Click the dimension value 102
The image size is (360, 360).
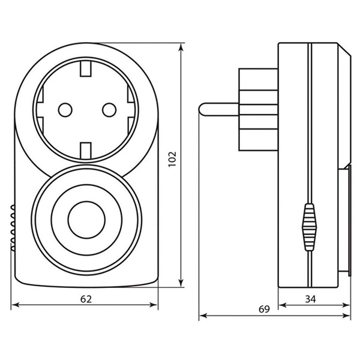[172, 159]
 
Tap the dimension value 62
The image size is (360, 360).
[86, 299]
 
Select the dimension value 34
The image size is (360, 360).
[310, 299]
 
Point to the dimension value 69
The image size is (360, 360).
[264, 309]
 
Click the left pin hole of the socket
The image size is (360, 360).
[65, 110]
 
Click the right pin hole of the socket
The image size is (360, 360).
[109, 110]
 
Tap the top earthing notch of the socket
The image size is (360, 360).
[86, 69]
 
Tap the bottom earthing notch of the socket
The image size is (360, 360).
[86, 150]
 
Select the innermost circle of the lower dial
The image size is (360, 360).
[86, 220]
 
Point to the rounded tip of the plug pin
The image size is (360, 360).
[200, 109]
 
